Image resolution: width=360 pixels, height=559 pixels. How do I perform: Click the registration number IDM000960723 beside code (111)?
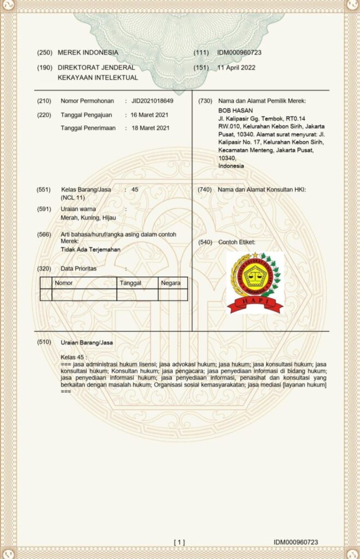[239, 52]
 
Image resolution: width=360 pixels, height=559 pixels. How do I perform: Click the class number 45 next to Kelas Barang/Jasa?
[135, 189]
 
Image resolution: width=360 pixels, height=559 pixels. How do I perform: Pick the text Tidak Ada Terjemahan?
[91, 249]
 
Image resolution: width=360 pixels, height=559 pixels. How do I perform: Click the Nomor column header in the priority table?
[64, 283]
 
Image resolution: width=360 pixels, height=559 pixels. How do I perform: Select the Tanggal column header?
[130, 283]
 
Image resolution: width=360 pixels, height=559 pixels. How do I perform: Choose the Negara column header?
[171, 283]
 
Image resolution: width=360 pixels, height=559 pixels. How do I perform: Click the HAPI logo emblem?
[255, 282]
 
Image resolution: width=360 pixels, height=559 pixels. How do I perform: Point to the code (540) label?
[205, 242]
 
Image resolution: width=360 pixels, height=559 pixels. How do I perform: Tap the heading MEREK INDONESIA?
[88, 52]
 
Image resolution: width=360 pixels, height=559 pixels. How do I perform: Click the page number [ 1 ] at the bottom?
[179, 542]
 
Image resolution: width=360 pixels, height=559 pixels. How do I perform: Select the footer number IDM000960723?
[296, 542]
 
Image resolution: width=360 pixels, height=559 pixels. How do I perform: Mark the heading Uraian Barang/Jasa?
[87, 342]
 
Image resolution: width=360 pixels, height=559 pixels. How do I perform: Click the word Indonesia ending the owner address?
[231, 165]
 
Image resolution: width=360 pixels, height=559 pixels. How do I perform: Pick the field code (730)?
[205, 101]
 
